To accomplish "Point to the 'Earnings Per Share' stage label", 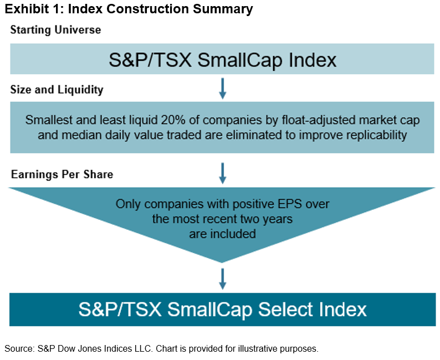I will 62,174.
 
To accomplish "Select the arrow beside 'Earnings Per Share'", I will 222,173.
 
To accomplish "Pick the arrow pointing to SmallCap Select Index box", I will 222,279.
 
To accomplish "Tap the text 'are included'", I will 222,234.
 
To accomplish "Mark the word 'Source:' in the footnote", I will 19,348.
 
